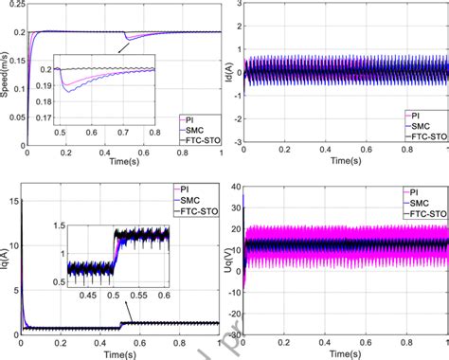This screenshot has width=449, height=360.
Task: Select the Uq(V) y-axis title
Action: point(232,258)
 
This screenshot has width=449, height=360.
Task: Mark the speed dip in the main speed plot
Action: point(126,40)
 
